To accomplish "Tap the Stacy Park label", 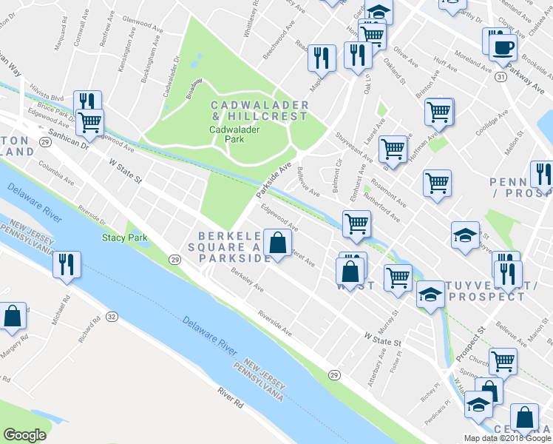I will (x=124, y=238).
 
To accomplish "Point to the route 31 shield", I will (x=501, y=76).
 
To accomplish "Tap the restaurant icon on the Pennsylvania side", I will (x=67, y=264).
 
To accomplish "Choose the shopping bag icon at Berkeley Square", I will (x=277, y=242).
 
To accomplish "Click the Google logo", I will (x=24, y=435).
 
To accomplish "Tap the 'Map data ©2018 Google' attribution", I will (x=507, y=438).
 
